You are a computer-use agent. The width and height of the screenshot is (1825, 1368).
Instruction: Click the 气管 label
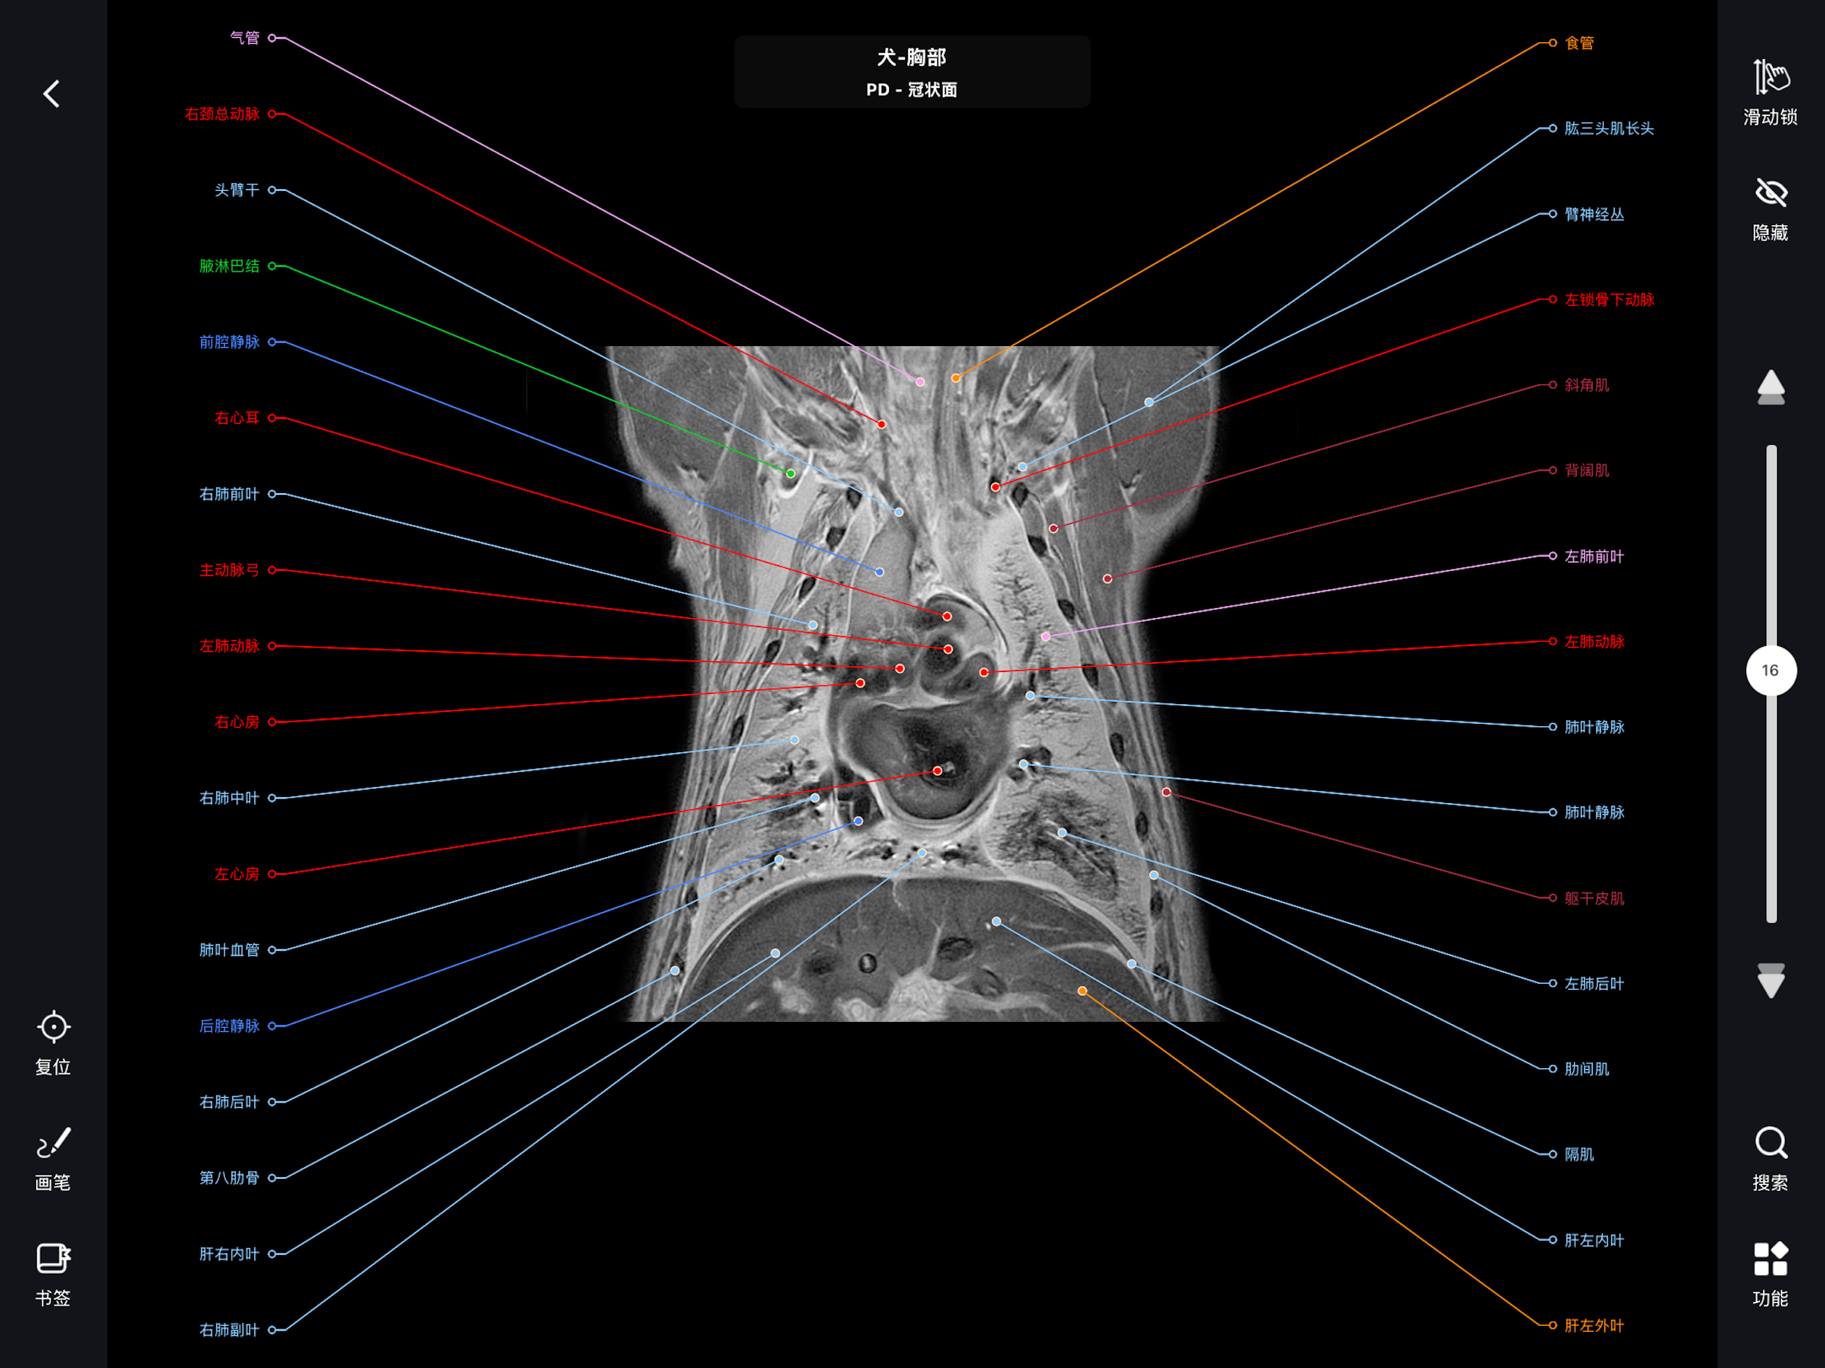(244, 38)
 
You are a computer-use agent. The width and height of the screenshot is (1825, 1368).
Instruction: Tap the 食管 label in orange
(1579, 43)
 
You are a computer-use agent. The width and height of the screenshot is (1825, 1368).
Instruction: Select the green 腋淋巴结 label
(229, 266)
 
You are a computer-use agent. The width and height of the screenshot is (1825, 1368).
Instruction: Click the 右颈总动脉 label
(222, 114)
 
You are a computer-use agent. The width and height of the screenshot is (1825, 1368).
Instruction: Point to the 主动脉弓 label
(229, 570)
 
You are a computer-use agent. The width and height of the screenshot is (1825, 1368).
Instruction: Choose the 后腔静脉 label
(229, 1025)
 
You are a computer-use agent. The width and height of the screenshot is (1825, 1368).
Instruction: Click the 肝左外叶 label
(1594, 1326)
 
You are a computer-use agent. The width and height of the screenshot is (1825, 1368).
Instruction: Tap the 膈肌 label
(1579, 1154)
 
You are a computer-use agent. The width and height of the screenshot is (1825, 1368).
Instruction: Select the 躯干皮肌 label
(1594, 898)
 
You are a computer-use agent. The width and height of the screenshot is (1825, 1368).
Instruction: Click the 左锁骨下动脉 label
(1609, 299)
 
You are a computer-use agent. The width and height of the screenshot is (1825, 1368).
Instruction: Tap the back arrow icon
(51, 94)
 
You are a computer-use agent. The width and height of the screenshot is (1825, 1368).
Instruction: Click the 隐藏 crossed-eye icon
(1770, 192)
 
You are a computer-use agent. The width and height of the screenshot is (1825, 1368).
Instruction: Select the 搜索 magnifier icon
(1770, 1143)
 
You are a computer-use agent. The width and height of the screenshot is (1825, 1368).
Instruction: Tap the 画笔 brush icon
(53, 1143)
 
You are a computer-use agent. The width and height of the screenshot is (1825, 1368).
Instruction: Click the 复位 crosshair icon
(53, 1027)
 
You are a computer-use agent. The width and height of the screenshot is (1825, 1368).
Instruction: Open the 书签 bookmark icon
(53, 1258)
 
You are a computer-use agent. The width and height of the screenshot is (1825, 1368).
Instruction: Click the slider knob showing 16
(1770, 670)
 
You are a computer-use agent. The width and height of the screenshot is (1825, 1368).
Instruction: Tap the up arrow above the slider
(1770, 387)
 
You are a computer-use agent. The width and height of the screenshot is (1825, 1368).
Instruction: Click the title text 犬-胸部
(912, 57)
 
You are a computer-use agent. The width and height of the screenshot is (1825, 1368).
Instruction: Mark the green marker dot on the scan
(790, 474)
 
